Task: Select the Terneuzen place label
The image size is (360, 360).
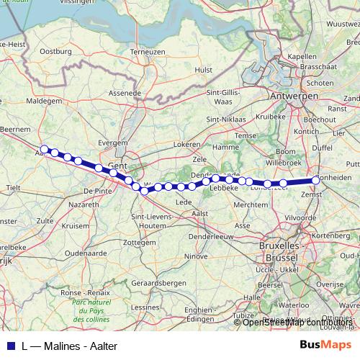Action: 148,52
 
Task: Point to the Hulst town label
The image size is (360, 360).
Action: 204,70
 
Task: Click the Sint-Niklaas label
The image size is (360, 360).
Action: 228,120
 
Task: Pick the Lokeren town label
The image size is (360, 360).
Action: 186,145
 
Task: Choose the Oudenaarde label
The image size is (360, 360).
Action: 86,253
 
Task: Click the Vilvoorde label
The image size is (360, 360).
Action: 301,217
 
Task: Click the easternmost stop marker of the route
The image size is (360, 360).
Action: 315,180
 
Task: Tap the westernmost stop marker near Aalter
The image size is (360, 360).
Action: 45,149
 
